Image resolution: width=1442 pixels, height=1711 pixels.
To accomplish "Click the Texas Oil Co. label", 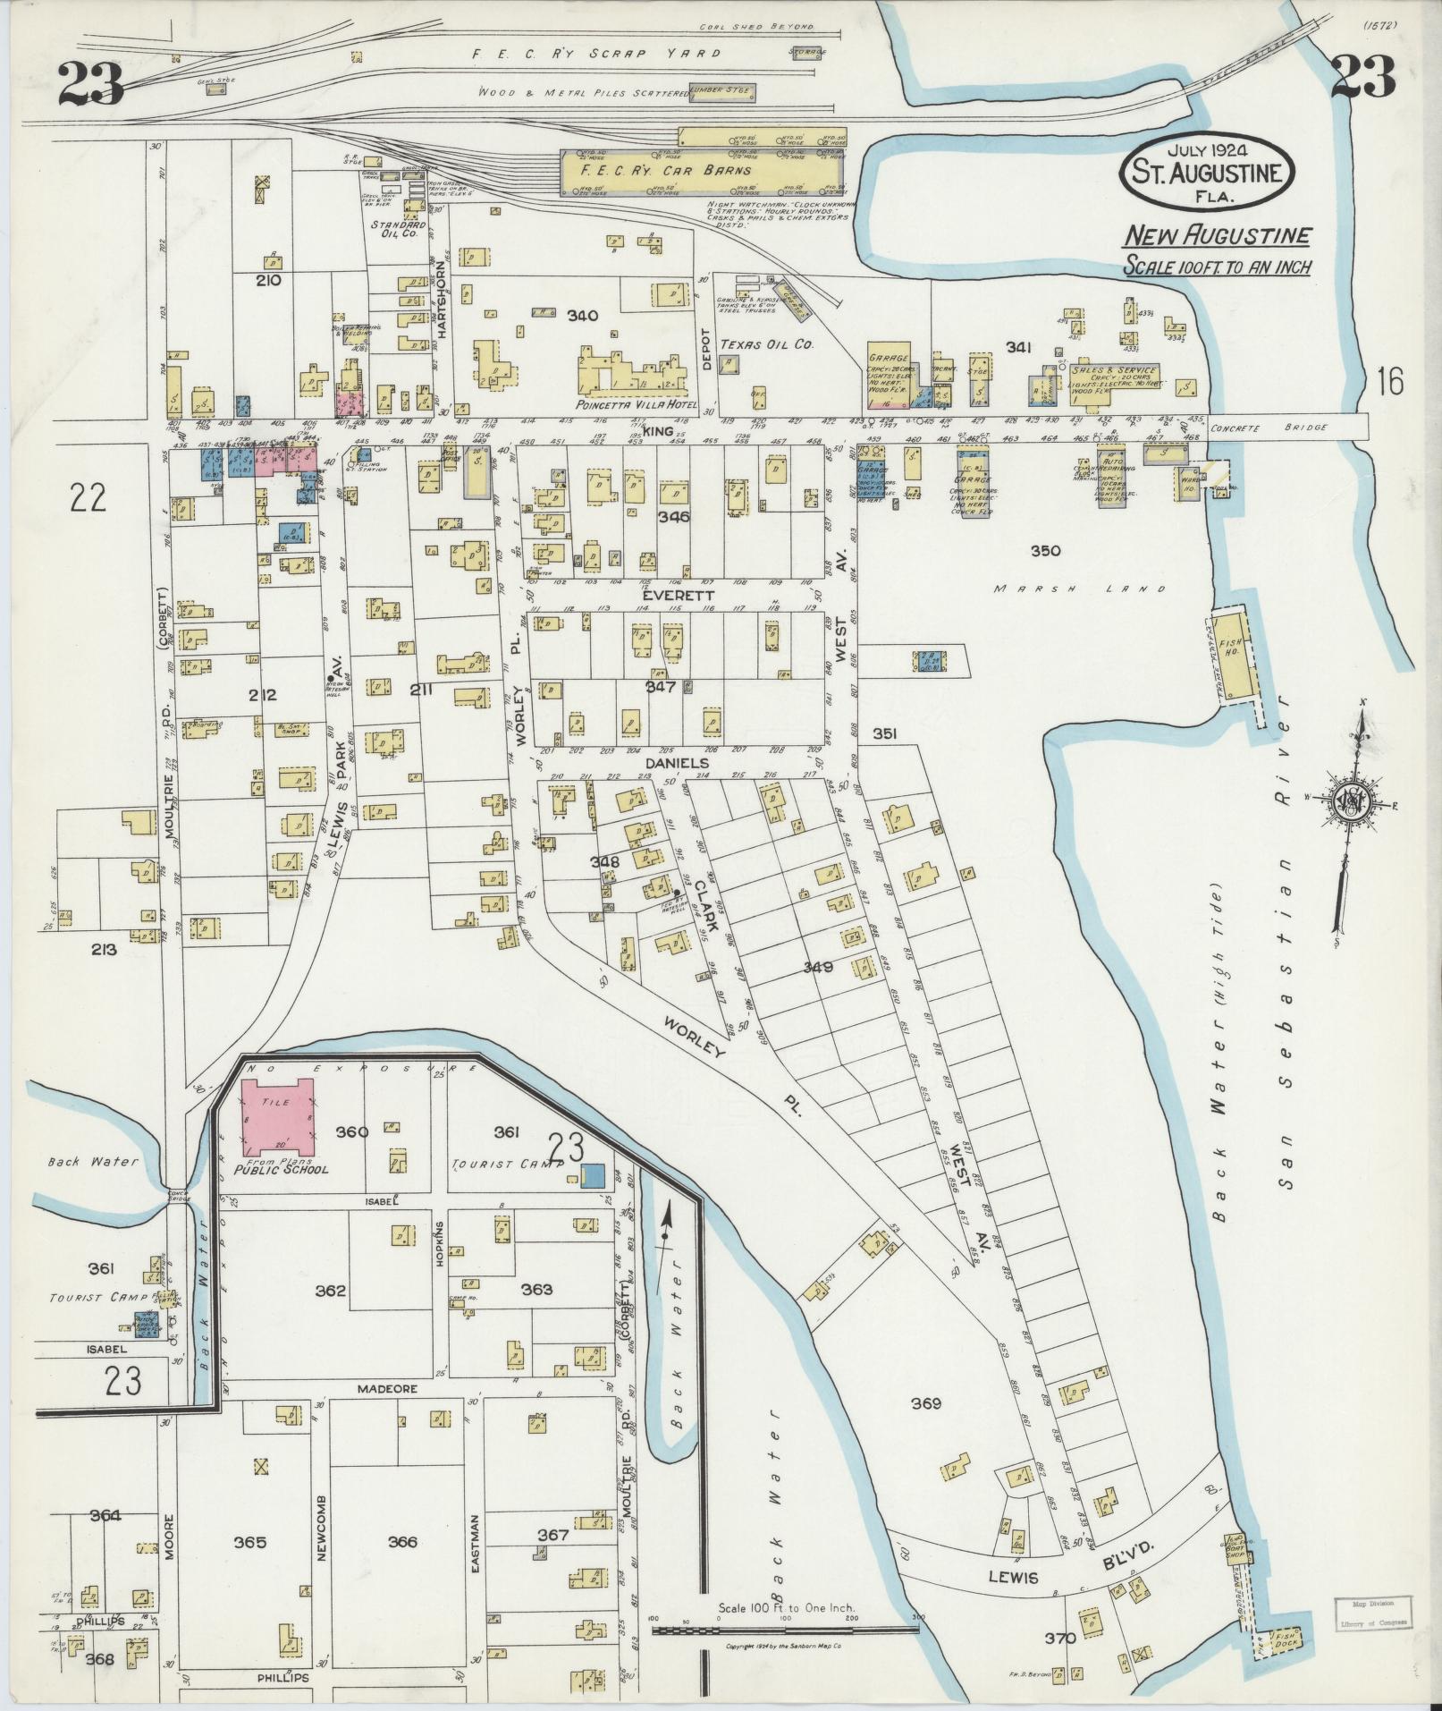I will [771, 343].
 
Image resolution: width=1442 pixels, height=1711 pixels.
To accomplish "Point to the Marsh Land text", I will [1082, 589].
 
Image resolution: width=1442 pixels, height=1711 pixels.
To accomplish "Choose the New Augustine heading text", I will [1217, 236].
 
